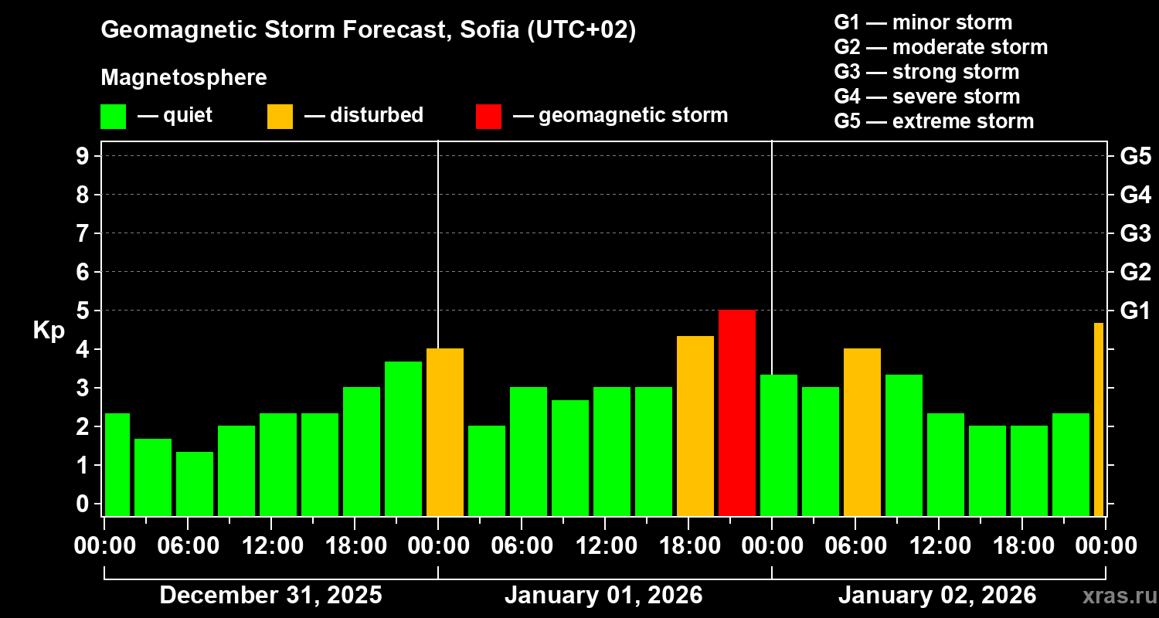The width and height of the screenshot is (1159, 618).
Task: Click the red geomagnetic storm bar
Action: tap(737, 413)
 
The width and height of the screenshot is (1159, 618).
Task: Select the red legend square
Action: tap(488, 116)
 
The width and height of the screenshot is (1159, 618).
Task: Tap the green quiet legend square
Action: tap(113, 116)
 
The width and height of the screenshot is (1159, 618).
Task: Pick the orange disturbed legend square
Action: tap(280, 116)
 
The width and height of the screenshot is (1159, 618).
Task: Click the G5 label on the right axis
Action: tap(1135, 156)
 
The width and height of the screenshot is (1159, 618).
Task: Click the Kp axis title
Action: tap(49, 330)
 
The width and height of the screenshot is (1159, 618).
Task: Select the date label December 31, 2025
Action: tap(270, 595)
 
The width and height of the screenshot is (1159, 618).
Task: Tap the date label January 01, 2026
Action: tap(603, 595)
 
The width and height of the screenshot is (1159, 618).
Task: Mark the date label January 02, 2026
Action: tap(937, 595)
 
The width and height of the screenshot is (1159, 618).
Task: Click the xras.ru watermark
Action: tap(1113, 596)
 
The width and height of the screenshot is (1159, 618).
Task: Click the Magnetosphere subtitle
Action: tap(184, 78)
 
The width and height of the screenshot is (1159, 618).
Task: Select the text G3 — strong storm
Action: tap(926, 72)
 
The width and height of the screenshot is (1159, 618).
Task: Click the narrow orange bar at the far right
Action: tap(1099, 419)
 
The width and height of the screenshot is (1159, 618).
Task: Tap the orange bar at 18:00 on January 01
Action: tap(695, 426)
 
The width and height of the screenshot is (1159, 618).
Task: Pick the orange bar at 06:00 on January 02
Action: tap(862, 432)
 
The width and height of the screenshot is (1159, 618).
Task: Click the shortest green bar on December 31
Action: tap(195, 484)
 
